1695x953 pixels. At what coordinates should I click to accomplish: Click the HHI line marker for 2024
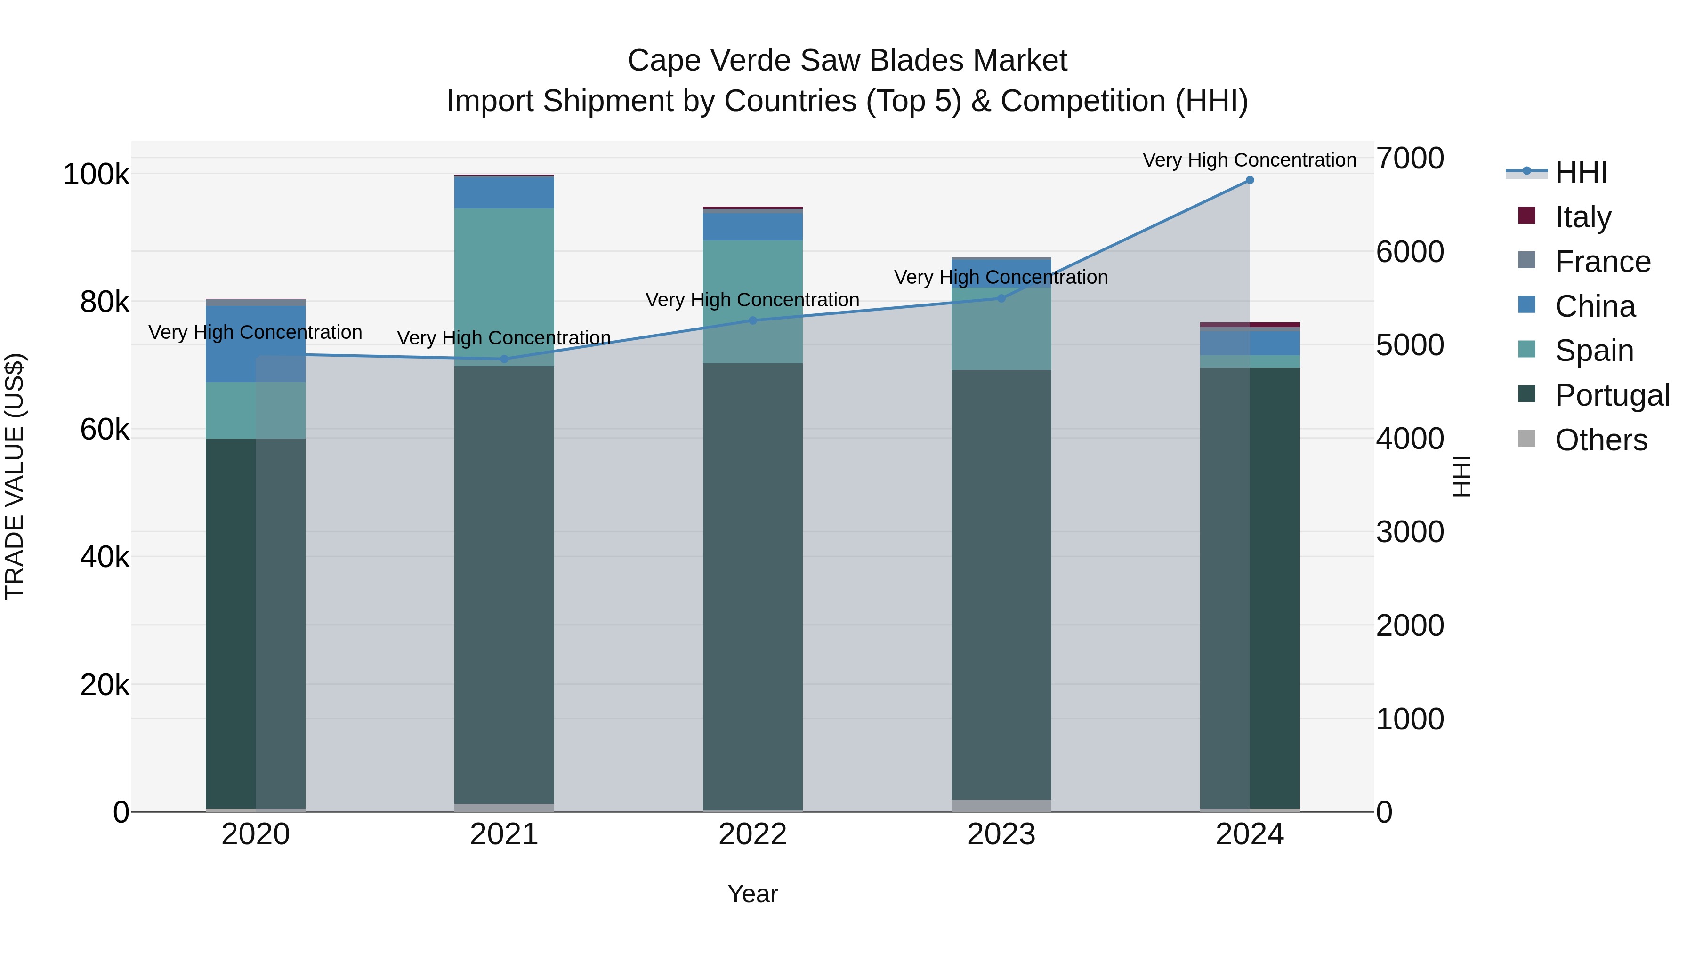(1250, 180)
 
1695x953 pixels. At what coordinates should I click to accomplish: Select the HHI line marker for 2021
(504, 359)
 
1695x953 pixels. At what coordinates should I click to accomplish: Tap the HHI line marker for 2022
(753, 320)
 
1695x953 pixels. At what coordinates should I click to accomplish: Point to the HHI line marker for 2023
(1001, 298)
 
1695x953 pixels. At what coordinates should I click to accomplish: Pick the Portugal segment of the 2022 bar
(753, 585)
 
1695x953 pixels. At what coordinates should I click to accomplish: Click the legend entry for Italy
(1582, 216)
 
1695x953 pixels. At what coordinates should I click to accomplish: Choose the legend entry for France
(1602, 261)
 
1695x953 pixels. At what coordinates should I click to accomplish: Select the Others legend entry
(1600, 440)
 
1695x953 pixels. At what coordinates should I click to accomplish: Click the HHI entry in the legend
(1581, 172)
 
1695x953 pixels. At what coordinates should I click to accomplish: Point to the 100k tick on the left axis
(96, 175)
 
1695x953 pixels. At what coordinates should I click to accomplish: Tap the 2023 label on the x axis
(1001, 834)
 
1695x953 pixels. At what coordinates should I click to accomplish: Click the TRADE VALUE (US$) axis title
(15, 476)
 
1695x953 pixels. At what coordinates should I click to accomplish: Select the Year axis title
(753, 894)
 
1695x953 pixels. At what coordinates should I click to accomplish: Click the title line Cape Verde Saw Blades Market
(847, 61)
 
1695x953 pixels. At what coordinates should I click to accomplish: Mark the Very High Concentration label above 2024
(1249, 160)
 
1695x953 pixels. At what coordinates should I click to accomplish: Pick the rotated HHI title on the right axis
(1461, 476)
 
